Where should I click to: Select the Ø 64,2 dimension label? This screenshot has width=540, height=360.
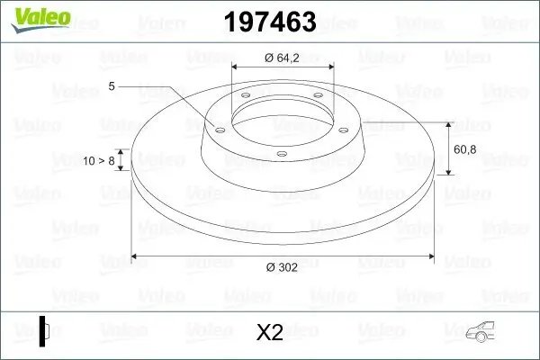(283, 58)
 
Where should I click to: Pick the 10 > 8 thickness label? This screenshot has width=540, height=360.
(99, 160)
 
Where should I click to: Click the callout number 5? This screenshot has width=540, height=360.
(112, 86)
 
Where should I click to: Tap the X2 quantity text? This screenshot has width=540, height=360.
(270, 333)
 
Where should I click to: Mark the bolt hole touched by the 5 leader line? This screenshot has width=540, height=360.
(217, 128)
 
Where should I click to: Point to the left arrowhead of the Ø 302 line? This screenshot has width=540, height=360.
(136, 257)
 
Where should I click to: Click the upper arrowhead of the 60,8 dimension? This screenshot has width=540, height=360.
(449, 122)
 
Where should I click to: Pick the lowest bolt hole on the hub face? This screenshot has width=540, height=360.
(281, 154)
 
